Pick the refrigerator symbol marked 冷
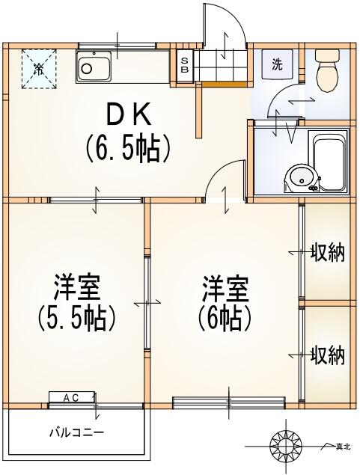click(x=38, y=69)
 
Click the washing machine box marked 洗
click(x=278, y=64)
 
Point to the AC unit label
click(x=70, y=397)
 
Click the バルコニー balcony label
click(x=76, y=432)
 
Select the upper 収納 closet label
click(x=327, y=254)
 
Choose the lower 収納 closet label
click(x=327, y=355)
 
